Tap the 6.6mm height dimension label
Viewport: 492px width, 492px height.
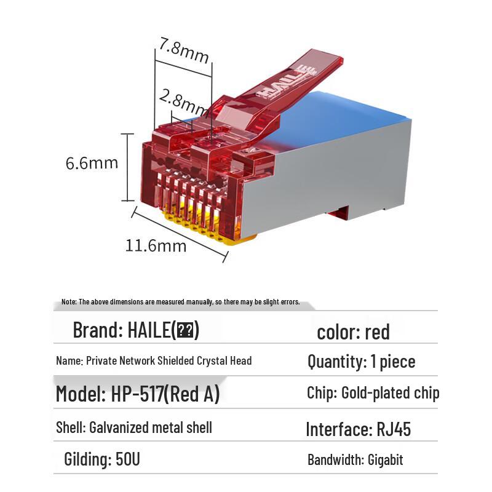pyautogui.click(x=92, y=163)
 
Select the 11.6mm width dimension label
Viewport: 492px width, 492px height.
pyautogui.click(x=156, y=245)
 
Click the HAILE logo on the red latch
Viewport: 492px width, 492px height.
pyautogui.click(x=288, y=81)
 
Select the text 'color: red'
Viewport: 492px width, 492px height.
pyautogui.click(x=353, y=332)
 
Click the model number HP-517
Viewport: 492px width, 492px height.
pyautogui.click(x=135, y=394)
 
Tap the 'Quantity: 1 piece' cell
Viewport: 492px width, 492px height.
pyautogui.click(x=361, y=362)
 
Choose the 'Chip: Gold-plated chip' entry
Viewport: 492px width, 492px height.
pyautogui.click(x=373, y=393)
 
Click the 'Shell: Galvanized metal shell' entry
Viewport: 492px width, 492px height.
pyautogui.click(x=133, y=427)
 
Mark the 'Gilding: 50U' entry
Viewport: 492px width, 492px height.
pyautogui.click(x=102, y=459)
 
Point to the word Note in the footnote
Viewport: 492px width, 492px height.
pyautogui.click(x=68, y=302)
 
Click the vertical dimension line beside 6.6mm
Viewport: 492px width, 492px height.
pyautogui.click(x=127, y=167)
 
